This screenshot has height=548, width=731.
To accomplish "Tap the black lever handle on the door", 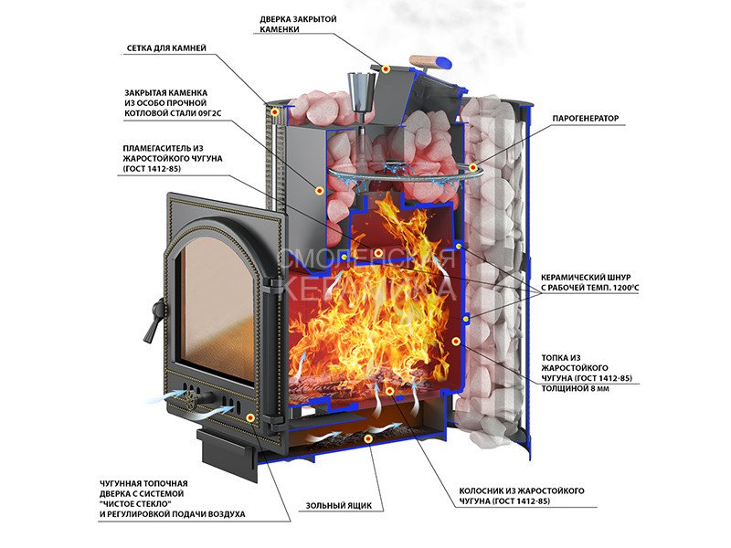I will coord(147,319).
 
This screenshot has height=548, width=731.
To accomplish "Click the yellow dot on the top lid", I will coord(387,69).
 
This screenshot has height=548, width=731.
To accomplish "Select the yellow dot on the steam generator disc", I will coord(472,167).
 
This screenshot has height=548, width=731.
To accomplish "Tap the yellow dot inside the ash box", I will coord(367,439).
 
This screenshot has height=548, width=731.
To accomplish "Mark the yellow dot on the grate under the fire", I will coord(389,391).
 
